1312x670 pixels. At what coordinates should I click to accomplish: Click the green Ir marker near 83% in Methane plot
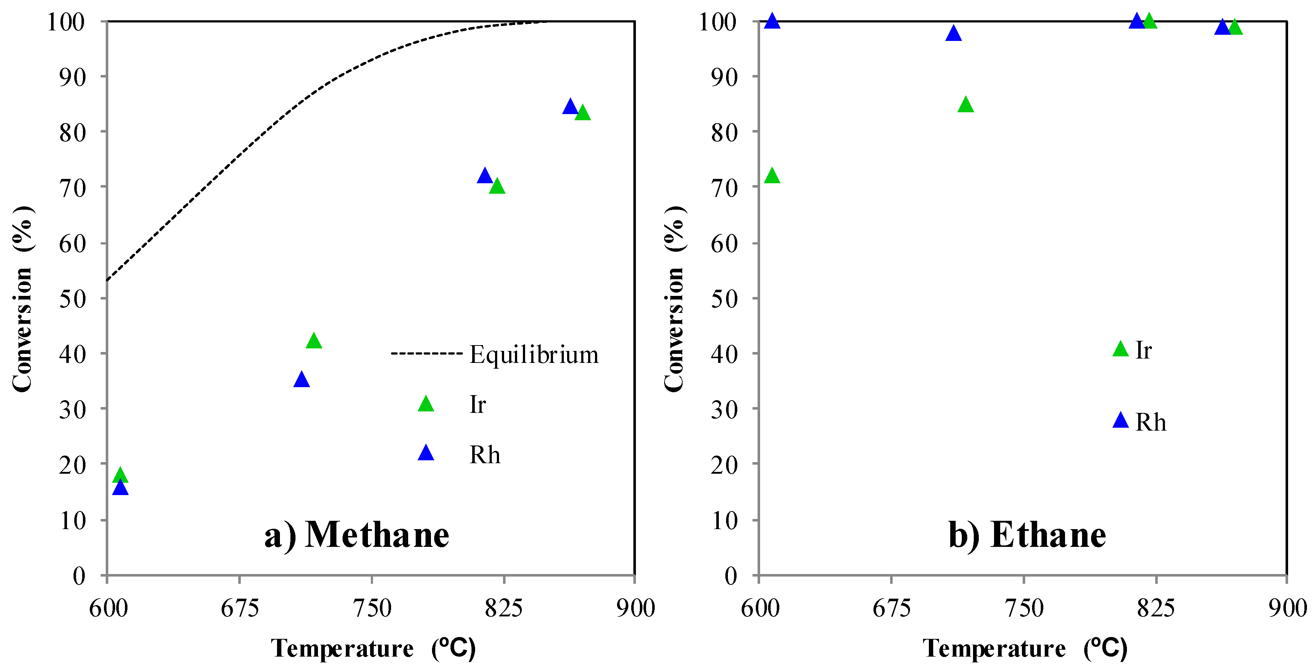point(583,113)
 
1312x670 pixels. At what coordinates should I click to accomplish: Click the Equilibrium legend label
point(534,355)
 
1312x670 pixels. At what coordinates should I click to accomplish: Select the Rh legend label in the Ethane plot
point(1150,422)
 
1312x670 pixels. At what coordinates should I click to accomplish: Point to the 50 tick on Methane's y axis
point(72,298)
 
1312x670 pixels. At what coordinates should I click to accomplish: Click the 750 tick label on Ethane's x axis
point(1024,608)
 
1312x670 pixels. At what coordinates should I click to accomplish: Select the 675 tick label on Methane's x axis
point(239,608)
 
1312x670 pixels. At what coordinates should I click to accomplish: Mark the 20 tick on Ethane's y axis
point(724,465)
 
